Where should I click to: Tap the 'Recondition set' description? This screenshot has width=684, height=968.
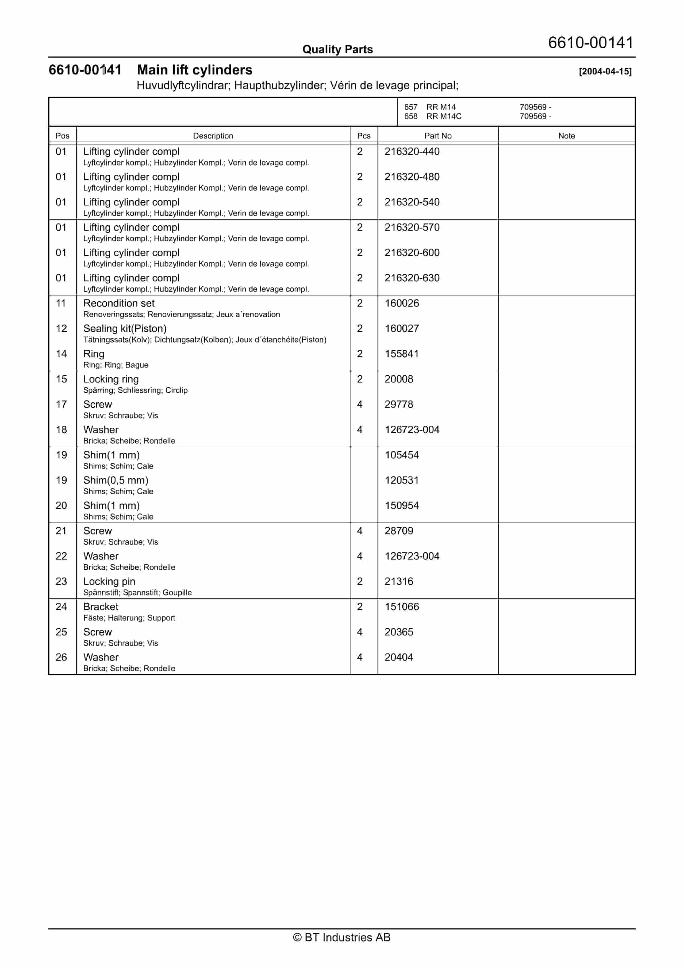pyautogui.click(x=119, y=303)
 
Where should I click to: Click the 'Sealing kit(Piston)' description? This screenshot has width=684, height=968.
pyautogui.click(x=125, y=329)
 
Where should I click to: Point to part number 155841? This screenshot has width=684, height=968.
pyautogui.click(x=401, y=354)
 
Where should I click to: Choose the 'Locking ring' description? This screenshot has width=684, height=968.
pyautogui.click(x=111, y=379)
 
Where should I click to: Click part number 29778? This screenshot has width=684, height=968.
pyautogui.click(x=399, y=404)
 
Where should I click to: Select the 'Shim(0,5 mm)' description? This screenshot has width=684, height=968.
pyautogui.click(x=116, y=480)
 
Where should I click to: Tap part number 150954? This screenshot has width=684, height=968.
pyautogui.click(x=401, y=506)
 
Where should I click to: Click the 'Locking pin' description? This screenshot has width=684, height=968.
pyautogui.click(x=109, y=581)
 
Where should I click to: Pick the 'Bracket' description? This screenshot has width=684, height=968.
pyautogui.click(x=101, y=607)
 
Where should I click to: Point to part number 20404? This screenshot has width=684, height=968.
pyautogui.click(x=399, y=657)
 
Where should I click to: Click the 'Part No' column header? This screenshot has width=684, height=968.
pyautogui.click(x=438, y=136)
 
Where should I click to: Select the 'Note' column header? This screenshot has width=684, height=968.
pyautogui.click(x=566, y=136)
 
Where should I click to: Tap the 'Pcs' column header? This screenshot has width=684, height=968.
pyautogui.click(x=364, y=136)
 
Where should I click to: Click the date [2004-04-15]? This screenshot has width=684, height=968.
pyautogui.click(x=605, y=72)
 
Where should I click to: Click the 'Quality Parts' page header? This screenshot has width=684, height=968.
pyautogui.click(x=337, y=49)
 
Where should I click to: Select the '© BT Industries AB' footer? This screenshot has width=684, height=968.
pyautogui.click(x=342, y=937)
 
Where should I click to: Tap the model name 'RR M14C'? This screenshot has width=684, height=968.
pyautogui.click(x=444, y=116)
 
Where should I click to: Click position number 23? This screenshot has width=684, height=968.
pyautogui.click(x=61, y=581)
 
